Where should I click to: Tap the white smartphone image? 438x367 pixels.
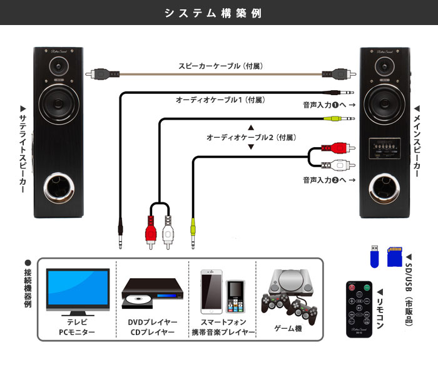(211, 291)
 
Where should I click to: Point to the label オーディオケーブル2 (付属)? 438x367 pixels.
(250, 137)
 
